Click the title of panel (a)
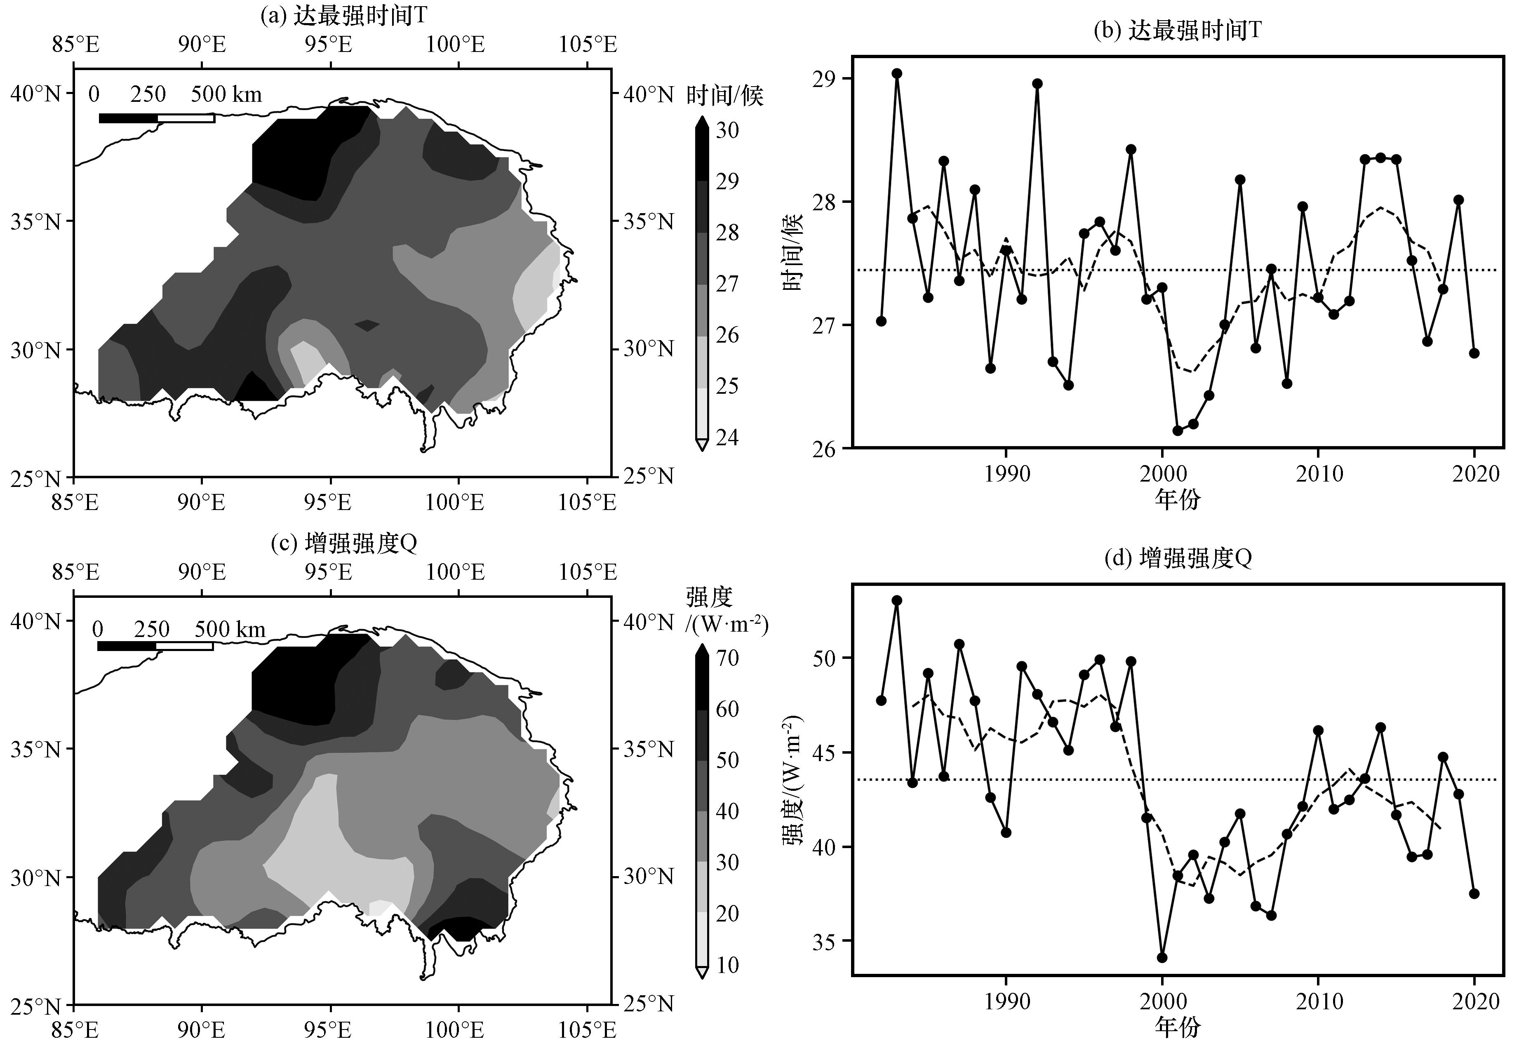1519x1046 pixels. pos(343,16)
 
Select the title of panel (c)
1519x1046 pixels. pos(343,543)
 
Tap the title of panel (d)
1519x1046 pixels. pos(1178,558)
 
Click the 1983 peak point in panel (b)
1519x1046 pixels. pos(896,73)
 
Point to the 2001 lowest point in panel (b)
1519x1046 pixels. pos(1178,430)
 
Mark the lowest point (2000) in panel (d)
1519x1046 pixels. pos(1162,957)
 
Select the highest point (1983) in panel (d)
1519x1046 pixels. pos(896,600)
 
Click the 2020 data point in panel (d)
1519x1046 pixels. pos(1474,893)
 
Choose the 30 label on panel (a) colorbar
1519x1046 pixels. pos(727,130)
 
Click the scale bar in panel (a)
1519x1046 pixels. pos(157,118)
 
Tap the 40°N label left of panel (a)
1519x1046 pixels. pos(35,94)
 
